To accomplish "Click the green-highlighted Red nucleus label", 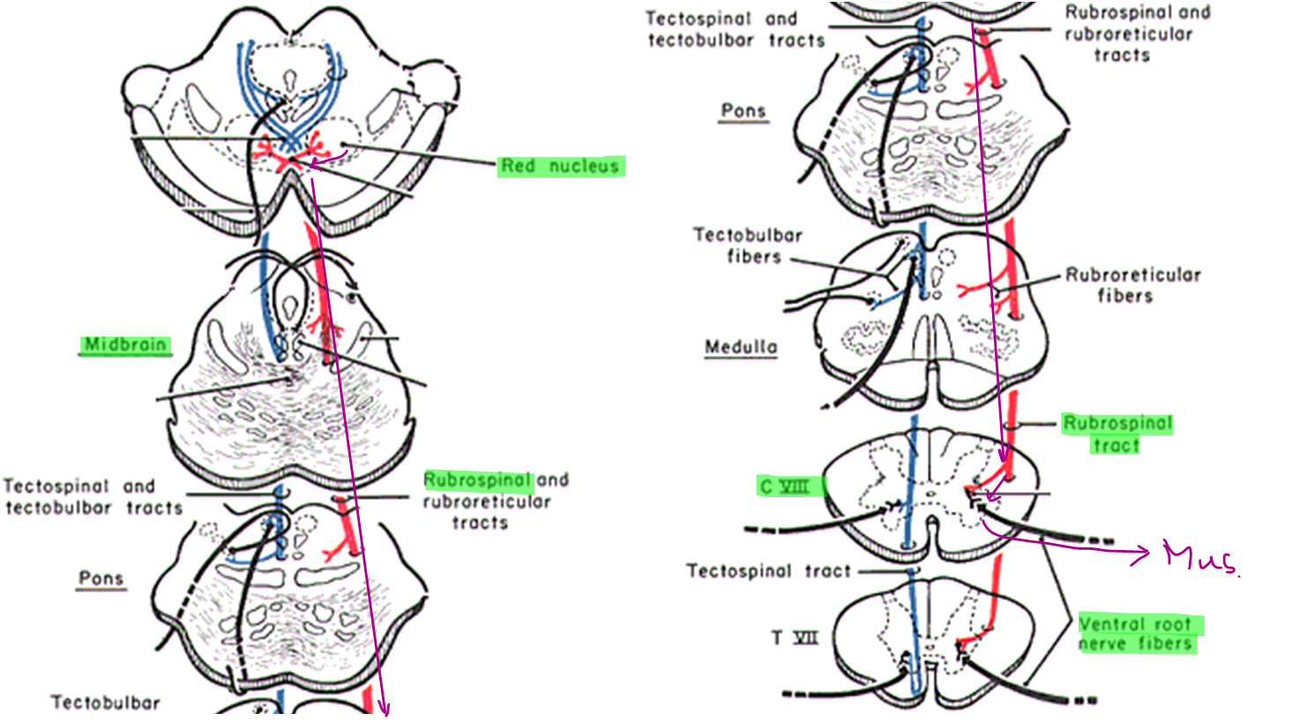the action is click(x=560, y=166).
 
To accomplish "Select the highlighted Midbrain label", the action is click(x=124, y=345).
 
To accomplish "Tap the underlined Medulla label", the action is click(x=741, y=347).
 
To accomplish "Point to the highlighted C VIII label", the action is click(x=784, y=486).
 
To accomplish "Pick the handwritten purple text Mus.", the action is click(x=1200, y=557).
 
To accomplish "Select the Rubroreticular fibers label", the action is click(x=1132, y=285).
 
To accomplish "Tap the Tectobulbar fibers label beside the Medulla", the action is click(x=748, y=246).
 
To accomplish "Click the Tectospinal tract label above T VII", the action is click(x=768, y=571).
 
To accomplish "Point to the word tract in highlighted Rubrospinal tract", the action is click(x=1117, y=445).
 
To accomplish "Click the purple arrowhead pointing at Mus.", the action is click(x=1143, y=554).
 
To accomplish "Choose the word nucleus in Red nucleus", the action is click(x=584, y=166).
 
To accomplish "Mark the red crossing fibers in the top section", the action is click(x=288, y=155).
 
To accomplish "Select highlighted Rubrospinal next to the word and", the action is click(x=477, y=480).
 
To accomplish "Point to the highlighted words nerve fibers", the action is click(x=1136, y=644).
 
